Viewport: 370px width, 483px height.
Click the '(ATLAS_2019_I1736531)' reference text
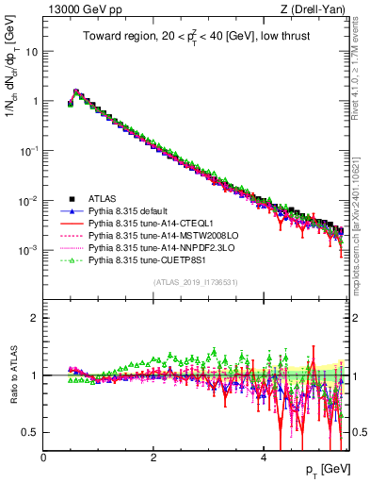(195, 282)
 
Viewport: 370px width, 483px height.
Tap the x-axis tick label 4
(265, 457)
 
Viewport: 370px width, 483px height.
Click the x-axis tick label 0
(44, 457)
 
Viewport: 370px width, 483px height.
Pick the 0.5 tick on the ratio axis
(32, 432)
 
